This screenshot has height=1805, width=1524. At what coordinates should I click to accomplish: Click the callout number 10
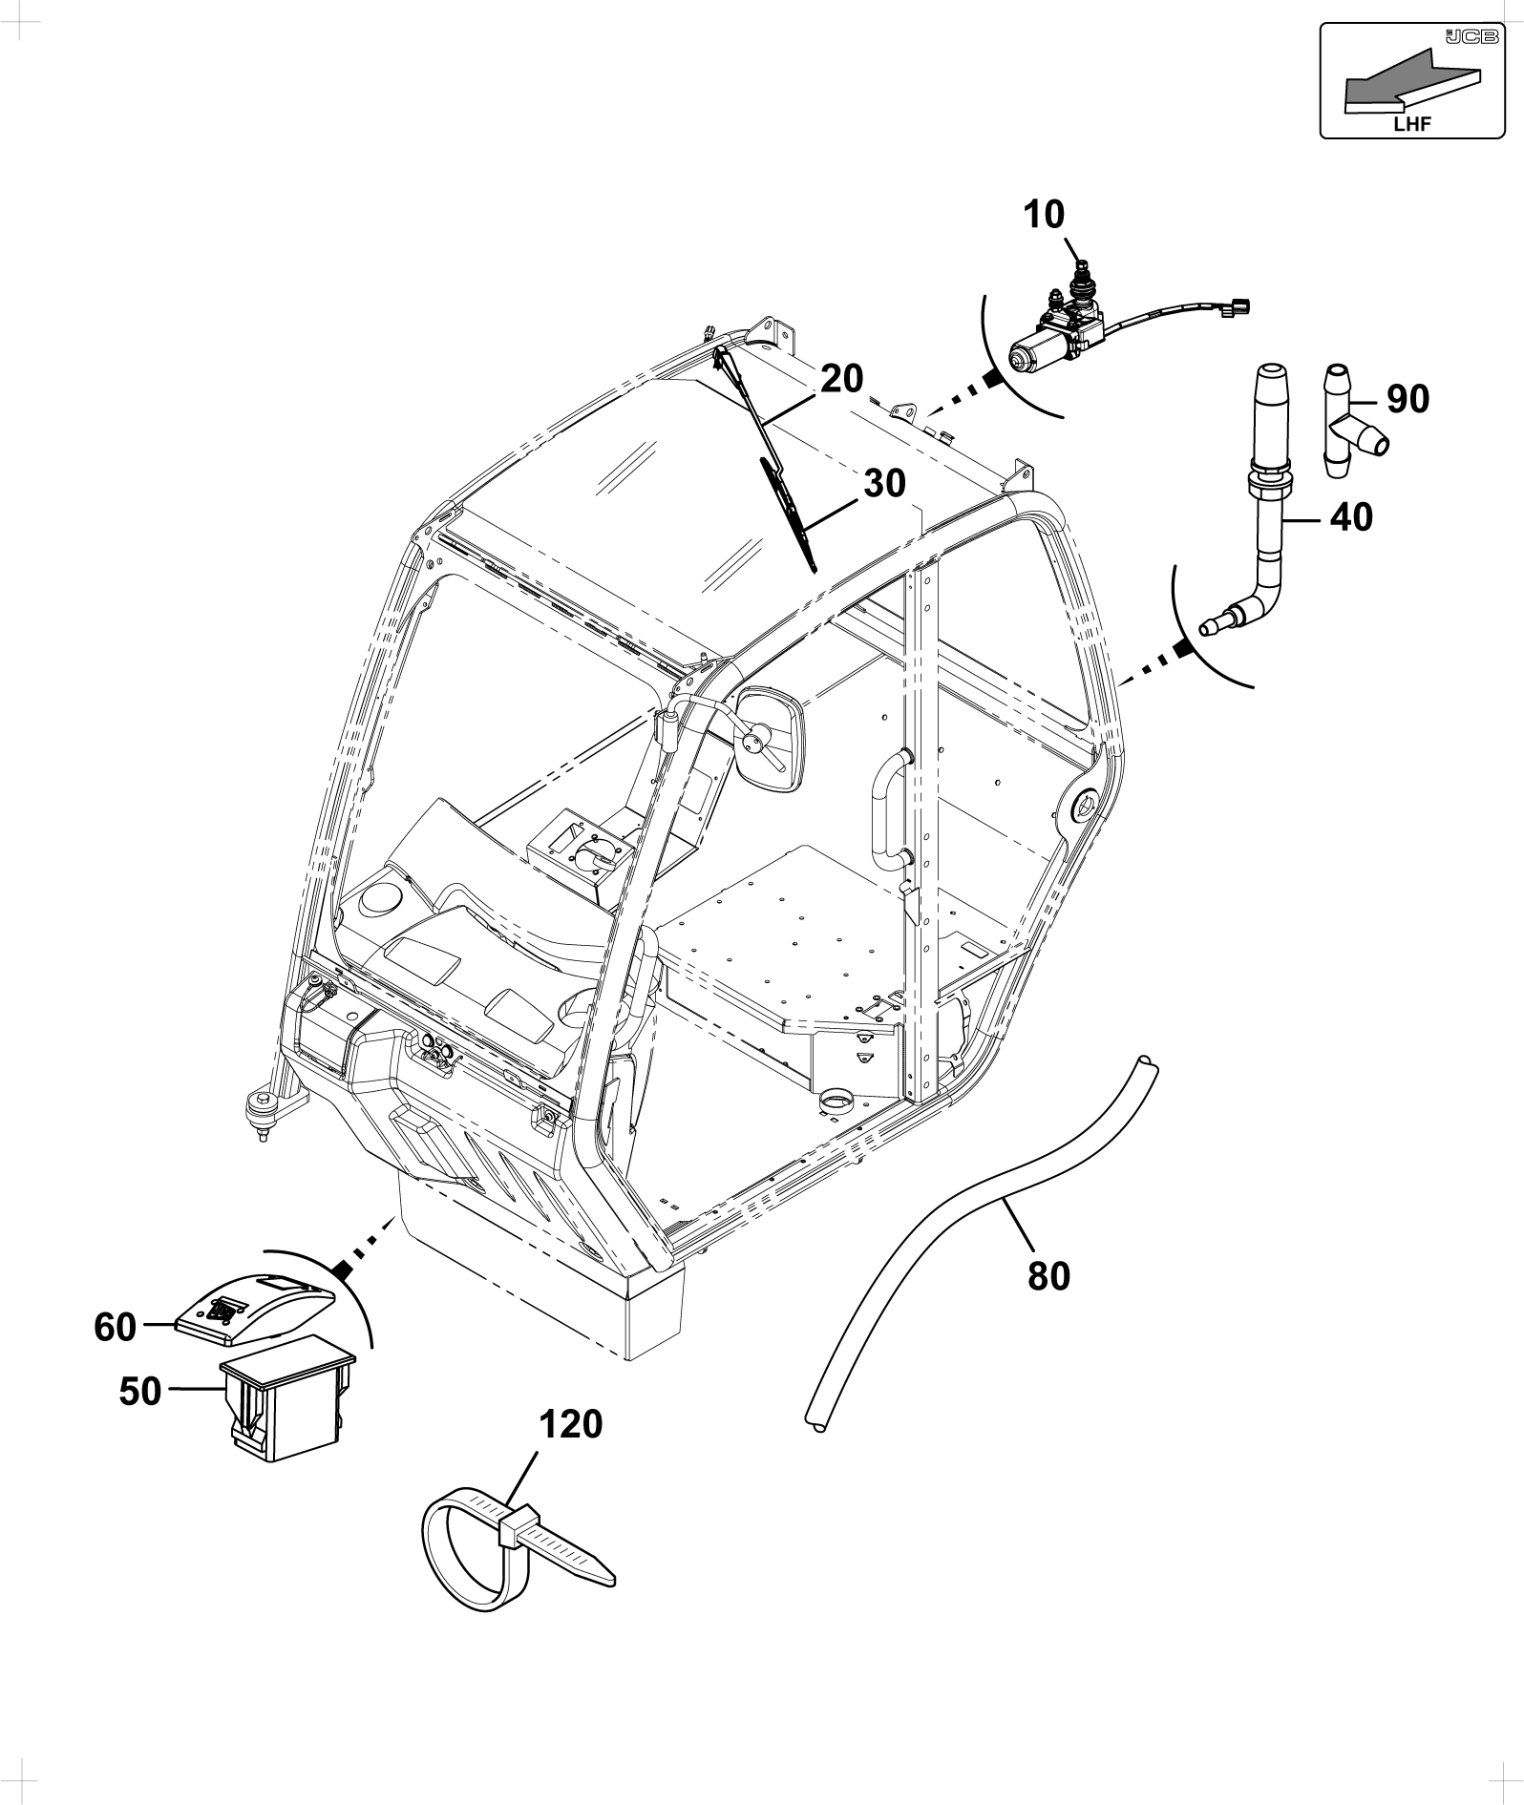coord(1044,215)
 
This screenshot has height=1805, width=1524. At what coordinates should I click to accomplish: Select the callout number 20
coord(841,379)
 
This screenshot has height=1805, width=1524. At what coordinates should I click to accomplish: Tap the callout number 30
coord(884,484)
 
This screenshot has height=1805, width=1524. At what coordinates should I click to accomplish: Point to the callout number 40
coord(1350,517)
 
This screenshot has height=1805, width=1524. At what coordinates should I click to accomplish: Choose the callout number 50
coord(140,1392)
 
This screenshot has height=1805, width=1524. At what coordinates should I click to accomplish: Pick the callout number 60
coord(116,1327)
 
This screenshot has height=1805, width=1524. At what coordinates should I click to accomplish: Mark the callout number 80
coord(1048,1275)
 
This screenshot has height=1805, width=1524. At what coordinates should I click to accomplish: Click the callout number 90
coord(1408,400)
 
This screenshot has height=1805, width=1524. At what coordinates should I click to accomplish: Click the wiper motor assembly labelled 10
coord(1108,321)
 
